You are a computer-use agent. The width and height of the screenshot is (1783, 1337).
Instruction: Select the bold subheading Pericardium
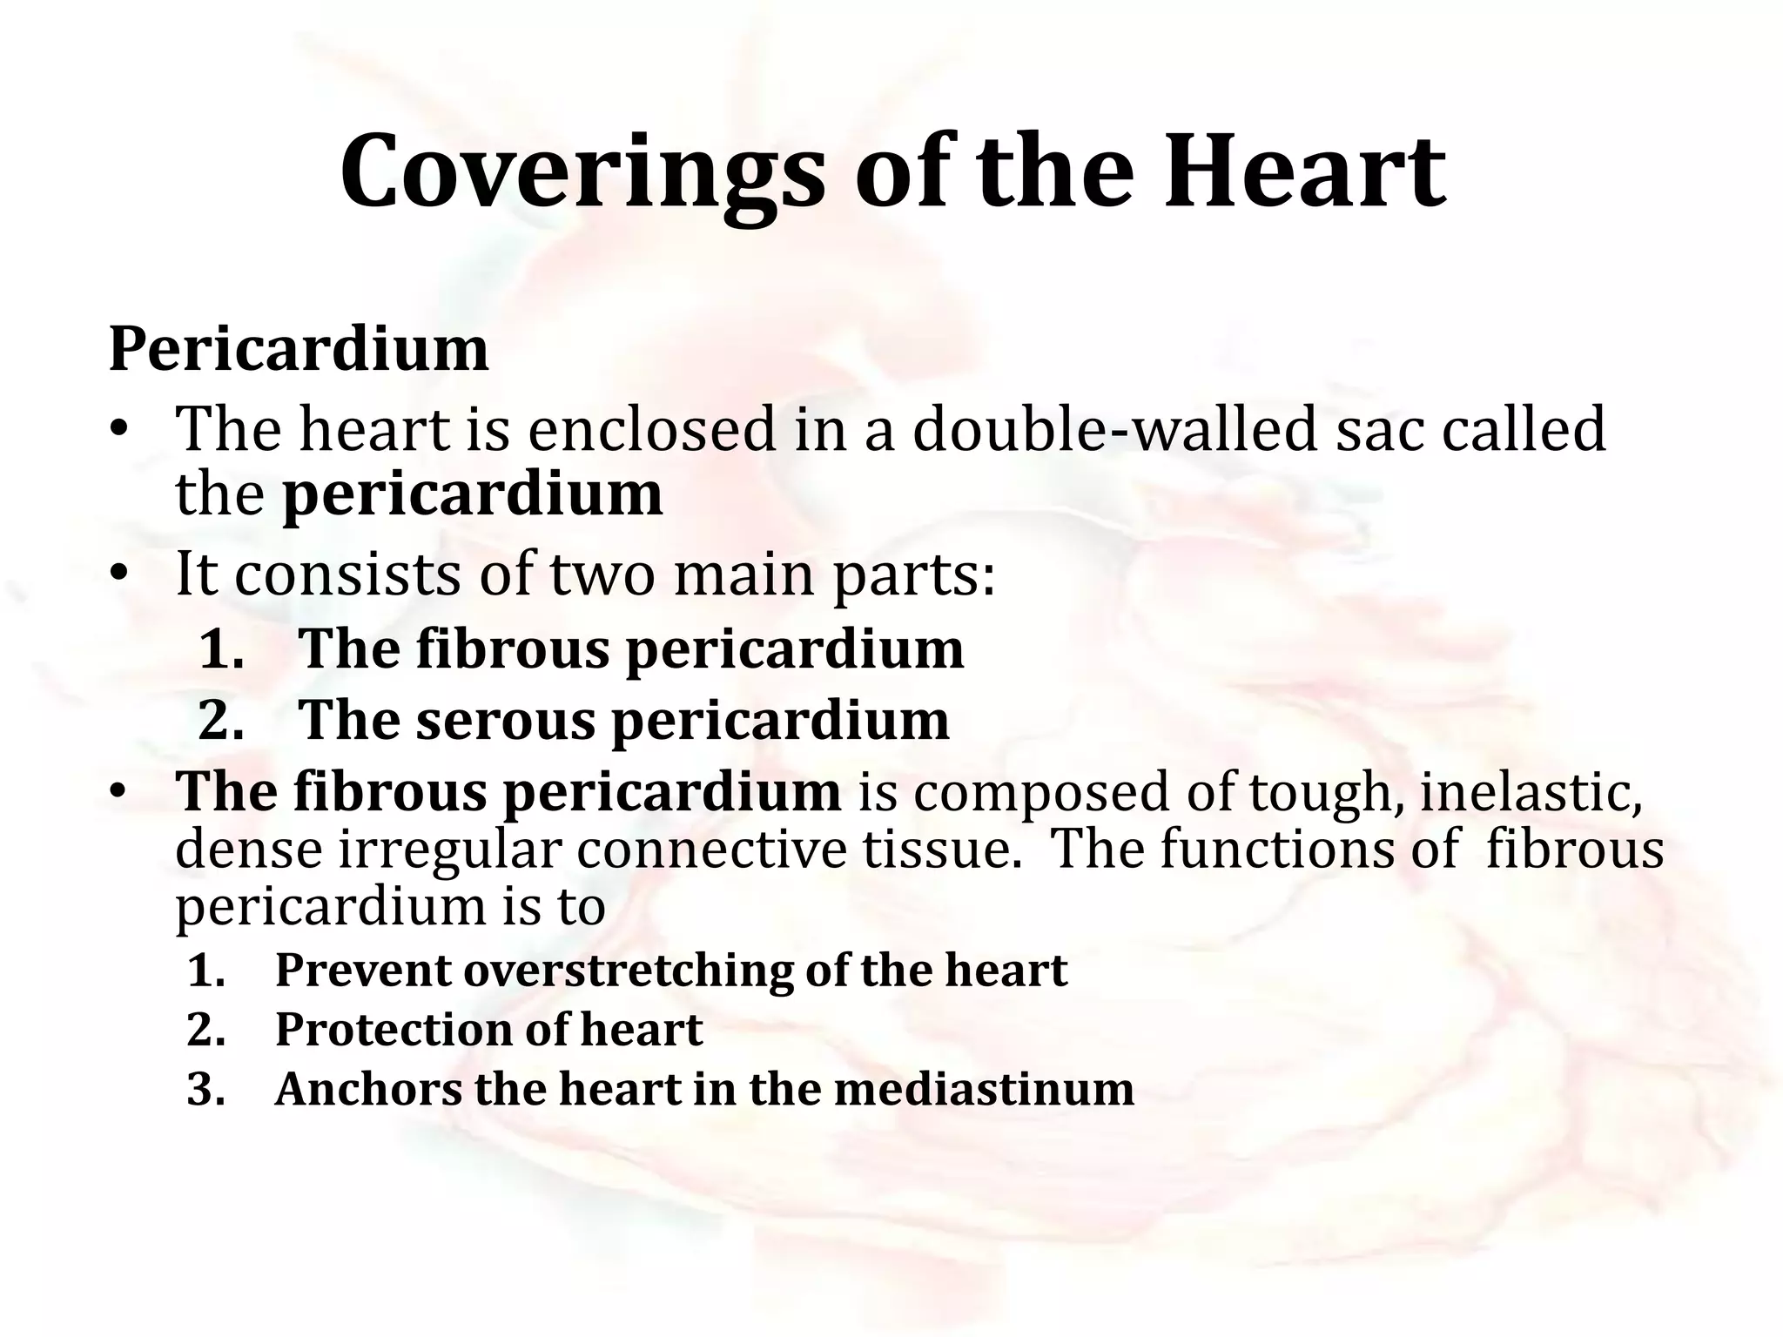pyautogui.click(x=299, y=350)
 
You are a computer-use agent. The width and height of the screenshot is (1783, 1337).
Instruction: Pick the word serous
pyautogui.click(x=505, y=721)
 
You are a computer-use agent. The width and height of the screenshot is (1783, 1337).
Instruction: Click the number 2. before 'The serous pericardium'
pyautogui.click(x=221, y=721)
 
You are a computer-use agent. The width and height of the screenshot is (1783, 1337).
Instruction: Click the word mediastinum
pyautogui.click(x=984, y=1089)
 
